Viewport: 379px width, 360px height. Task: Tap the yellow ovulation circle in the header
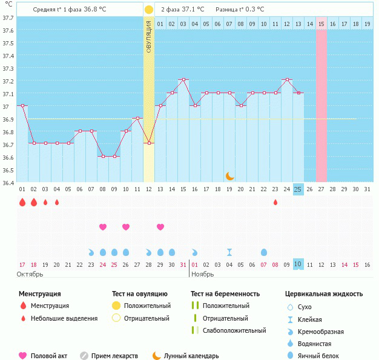(149, 10)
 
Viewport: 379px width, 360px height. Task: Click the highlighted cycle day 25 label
(298, 189)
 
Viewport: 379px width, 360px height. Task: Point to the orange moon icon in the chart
(229, 176)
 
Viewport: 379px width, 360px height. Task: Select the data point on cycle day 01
(22, 105)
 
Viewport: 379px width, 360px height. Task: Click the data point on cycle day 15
(183, 80)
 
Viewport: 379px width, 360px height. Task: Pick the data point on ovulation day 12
(149, 143)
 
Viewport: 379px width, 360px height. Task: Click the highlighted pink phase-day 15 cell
(321, 24)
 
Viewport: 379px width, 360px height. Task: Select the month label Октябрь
(31, 274)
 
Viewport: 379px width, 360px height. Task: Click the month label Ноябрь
(202, 274)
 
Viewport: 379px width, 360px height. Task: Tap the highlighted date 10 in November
(298, 264)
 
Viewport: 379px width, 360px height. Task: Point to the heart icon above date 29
(160, 227)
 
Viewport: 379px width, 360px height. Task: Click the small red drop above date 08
(275, 202)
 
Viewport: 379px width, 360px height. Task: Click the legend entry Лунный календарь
(191, 356)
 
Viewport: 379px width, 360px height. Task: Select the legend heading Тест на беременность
(225, 294)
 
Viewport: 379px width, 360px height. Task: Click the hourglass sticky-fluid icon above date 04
(229, 252)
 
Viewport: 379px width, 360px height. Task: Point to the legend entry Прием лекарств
(114, 356)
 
